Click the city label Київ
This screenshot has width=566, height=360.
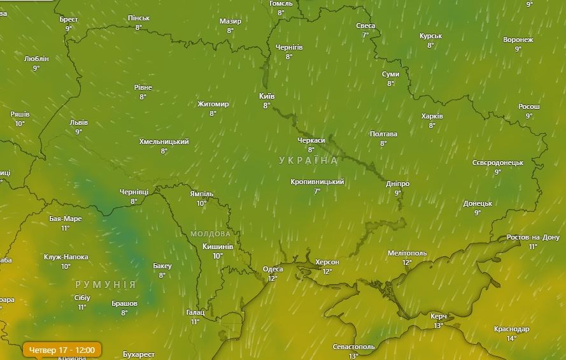[267, 96]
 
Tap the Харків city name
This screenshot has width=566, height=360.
[432, 116]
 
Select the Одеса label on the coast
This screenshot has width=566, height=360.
[273, 269]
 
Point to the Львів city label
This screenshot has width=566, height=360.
[78, 122]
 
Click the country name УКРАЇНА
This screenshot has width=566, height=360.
[309, 161]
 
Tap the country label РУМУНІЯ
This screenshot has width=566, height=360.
[105, 284]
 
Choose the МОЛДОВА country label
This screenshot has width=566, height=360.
[211, 234]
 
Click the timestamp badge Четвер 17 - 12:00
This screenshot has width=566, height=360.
[62, 350]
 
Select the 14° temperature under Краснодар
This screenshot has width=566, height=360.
[511, 338]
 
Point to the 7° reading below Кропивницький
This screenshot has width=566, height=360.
[316, 191]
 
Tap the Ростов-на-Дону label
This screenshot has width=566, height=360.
[532, 238]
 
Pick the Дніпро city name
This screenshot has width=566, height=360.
[398, 184]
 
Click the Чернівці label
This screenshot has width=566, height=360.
[134, 192]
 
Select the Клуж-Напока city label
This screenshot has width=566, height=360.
[66, 257]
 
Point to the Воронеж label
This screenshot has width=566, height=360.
[518, 40]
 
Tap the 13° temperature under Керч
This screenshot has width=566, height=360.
[438, 326]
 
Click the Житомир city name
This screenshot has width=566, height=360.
[213, 104]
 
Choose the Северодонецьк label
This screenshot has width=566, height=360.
[497, 162]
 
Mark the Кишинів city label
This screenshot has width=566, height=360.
[217, 247]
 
